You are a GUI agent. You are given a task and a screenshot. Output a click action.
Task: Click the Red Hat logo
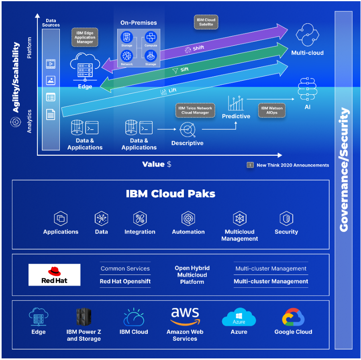click(x=54, y=275)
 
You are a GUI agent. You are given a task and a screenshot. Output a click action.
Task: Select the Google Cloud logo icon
click(x=293, y=317)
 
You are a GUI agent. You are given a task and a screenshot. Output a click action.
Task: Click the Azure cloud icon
click(x=239, y=317)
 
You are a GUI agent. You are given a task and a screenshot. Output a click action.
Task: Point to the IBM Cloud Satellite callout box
click(x=206, y=22)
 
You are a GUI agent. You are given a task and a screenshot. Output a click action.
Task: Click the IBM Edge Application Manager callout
click(x=85, y=37)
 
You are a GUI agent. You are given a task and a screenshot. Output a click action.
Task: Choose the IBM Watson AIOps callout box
click(x=272, y=110)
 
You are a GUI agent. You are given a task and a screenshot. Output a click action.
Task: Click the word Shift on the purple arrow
click(x=198, y=48)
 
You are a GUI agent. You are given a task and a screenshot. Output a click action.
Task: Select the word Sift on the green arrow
click(x=184, y=70)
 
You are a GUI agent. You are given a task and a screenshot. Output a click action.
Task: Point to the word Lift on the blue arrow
click(x=172, y=91)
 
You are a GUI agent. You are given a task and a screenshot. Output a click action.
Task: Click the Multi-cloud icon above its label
click(x=307, y=35)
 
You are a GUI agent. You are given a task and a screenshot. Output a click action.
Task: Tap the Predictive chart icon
click(x=236, y=103)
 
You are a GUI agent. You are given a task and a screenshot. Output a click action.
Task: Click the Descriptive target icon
click(x=187, y=129)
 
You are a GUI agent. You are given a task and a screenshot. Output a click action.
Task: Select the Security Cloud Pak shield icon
click(x=286, y=219)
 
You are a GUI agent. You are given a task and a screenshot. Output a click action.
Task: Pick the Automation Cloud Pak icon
click(x=188, y=219)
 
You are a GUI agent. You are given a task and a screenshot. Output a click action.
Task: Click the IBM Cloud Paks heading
click(x=171, y=194)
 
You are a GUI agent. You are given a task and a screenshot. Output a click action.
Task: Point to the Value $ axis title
click(x=157, y=164)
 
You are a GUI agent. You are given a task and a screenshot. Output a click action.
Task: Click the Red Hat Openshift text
click(x=125, y=281)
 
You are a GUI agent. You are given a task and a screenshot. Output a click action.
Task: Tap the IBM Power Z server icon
click(x=84, y=317)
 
